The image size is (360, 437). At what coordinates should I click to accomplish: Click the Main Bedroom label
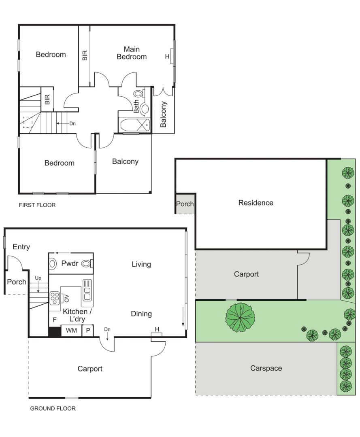pos(132,53)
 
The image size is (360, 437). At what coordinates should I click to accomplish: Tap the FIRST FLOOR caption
pos(37,205)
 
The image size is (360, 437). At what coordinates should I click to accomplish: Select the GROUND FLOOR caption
pos(53,408)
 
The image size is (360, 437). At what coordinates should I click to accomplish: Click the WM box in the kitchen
pos(71,331)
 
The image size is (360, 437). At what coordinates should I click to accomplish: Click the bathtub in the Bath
pos(134,125)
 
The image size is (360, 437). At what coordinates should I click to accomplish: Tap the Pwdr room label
pos(70,263)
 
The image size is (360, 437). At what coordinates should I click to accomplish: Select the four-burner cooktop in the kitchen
pos(55,298)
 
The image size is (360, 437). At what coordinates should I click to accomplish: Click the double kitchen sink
pos(87,290)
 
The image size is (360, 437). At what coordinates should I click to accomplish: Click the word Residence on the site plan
pos(256,203)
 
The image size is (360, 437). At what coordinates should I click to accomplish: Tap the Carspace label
pos(266,368)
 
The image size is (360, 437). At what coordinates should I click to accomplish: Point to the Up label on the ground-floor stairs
pos(38,278)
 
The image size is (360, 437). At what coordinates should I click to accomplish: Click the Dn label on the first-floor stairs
pos(72,123)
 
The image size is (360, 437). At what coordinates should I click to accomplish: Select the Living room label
pos(141,264)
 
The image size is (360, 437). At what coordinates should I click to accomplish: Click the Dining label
pos(141,314)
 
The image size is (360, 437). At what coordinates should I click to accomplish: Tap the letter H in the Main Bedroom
pos(167,57)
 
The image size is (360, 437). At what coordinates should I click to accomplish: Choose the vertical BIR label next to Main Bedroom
pos(85,55)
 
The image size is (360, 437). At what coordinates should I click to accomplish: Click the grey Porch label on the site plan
pos(185,204)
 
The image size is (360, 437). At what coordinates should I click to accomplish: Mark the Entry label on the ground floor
pos(21,247)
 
